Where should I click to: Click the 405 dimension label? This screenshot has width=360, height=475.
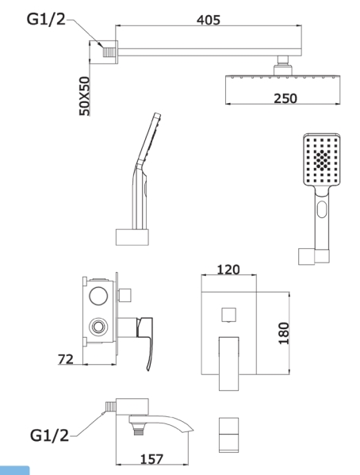coord(209,20)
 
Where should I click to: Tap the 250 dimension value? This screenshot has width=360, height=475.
coord(285,99)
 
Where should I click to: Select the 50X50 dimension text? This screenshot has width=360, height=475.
coord(85,96)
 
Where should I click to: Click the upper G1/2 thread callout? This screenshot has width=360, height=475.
coord(46,19)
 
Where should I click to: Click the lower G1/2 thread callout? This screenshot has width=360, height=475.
coord(49,435)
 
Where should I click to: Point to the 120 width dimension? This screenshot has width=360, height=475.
coord(228,270)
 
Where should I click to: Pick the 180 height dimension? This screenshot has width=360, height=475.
coord(284,333)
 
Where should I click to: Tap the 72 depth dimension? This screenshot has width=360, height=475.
coord(66,359)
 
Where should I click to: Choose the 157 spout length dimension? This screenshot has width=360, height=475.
coord(151,459)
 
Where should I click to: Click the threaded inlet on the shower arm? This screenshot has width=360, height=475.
coord(109,52)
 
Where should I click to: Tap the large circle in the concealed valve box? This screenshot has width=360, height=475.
coord(98,295)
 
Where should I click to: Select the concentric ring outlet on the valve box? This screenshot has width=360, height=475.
coord(98,327)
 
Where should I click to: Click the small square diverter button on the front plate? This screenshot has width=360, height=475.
coord(229,315)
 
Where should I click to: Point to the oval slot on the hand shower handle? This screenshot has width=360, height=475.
coord(322,209)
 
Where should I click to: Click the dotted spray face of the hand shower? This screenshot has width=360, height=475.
coord(321,159)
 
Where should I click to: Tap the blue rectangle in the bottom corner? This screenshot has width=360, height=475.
coord(14,470)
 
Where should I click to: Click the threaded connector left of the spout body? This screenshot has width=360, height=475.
coord(110,407)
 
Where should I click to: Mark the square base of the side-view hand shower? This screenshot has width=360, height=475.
coord(132,237)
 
